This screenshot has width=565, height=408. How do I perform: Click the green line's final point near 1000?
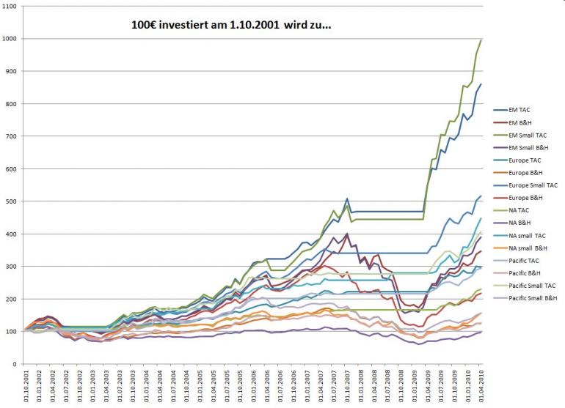pyautogui.click(x=481, y=40)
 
